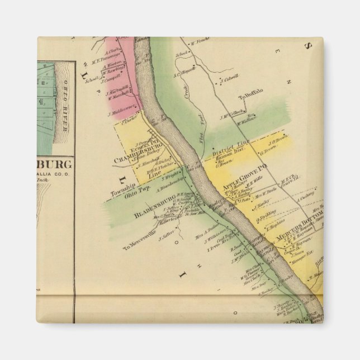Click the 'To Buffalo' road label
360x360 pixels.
pos(249,97)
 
